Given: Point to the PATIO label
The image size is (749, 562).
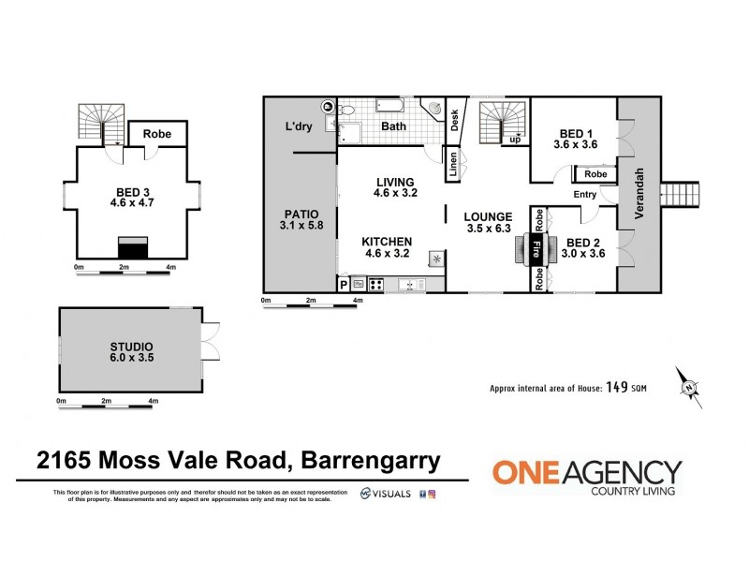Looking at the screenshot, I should (x=300, y=213).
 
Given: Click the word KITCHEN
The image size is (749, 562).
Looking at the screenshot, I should (x=388, y=241).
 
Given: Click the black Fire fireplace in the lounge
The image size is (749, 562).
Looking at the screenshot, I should (x=536, y=250).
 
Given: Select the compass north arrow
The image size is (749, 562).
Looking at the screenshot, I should (x=690, y=386).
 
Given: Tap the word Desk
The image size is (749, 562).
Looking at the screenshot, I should (x=455, y=117).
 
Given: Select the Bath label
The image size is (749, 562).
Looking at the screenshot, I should (x=393, y=126).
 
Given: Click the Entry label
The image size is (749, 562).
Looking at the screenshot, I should (x=585, y=195).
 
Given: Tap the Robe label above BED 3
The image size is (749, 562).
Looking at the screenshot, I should (x=156, y=134).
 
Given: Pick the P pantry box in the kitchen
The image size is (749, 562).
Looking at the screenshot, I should (x=343, y=284).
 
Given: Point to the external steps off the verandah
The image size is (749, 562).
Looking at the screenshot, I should (x=681, y=195).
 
